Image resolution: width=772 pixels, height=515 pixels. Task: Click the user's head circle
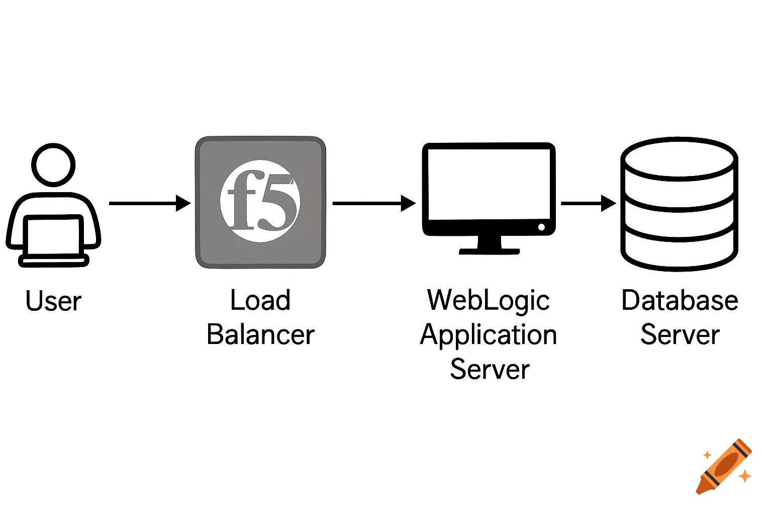(x=53, y=165)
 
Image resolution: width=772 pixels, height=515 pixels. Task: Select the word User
(x=53, y=301)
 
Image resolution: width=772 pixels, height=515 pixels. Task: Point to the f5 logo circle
(x=260, y=201)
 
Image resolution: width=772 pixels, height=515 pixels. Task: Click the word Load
(x=260, y=300)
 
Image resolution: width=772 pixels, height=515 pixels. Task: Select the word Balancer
(x=260, y=335)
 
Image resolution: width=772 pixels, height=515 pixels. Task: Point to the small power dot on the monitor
(x=541, y=227)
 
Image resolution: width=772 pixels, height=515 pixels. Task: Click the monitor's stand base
(x=489, y=250)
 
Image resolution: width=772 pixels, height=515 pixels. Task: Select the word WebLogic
(x=489, y=300)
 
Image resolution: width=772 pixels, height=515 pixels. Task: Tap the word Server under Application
(x=490, y=370)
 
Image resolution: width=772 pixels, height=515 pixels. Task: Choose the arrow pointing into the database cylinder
(x=588, y=203)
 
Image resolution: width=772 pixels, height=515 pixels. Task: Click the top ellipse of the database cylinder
(x=679, y=158)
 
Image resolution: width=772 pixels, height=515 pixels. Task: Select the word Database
(x=680, y=300)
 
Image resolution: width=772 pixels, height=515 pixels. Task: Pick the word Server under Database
(x=680, y=335)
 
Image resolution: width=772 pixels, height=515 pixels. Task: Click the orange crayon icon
(x=724, y=466)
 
